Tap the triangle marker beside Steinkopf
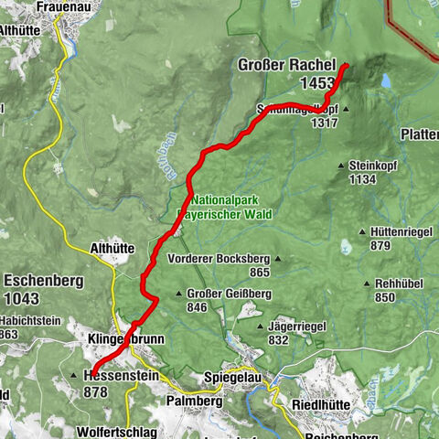341,166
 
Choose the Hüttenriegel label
396,232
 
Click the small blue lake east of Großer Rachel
387,81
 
